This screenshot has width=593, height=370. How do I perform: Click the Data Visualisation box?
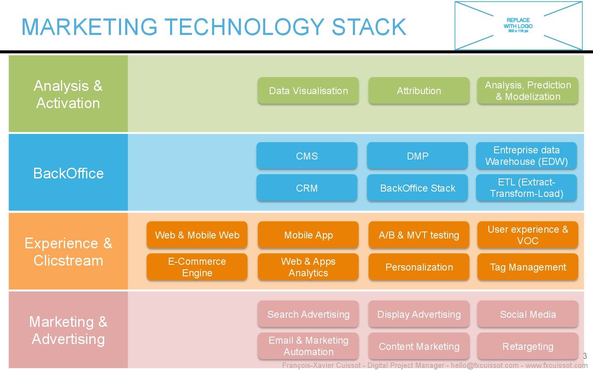pos(308,90)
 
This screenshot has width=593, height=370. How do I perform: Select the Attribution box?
pos(419,90)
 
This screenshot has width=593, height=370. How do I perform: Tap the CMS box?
pos(307,156)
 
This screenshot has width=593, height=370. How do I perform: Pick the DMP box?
pos(418,156)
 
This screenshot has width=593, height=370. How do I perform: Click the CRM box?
pos(307,188)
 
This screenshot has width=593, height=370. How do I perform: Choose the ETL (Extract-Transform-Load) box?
pos(526,188)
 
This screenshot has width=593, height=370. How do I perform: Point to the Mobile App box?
pos(308,235)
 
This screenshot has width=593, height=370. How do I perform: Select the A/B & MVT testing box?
pos(419,235)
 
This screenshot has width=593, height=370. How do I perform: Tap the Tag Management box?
pos(528,267)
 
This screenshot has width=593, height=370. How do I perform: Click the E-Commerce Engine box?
pos(197,267)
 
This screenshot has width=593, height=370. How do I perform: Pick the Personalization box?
pos(419,267)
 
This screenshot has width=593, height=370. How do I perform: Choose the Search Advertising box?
pos(308,314)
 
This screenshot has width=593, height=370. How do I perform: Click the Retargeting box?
pos(528,346)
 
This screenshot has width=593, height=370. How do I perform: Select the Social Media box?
pos(528,314)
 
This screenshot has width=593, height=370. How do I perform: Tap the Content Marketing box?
pos(419,346)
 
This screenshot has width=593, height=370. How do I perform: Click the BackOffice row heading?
pos(68,173)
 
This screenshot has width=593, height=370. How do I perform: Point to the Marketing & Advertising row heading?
pos(68,330)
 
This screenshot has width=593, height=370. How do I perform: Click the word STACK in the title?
pos(369,27)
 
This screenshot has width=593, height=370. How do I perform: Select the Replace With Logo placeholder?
pos(518,25)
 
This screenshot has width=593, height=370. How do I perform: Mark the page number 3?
pos(585,356)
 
